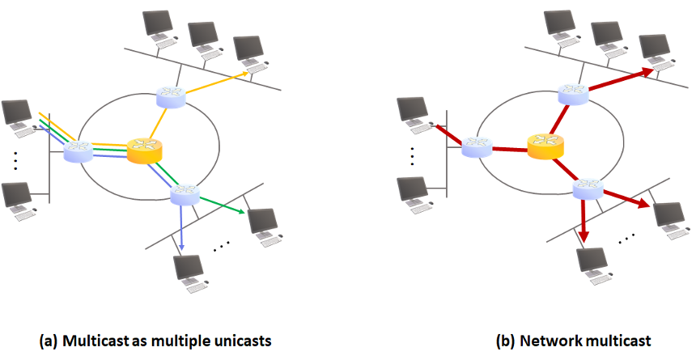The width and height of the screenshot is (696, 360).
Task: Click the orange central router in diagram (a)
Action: pos(145,150)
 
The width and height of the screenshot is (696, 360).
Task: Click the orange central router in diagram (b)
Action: pos(544,146)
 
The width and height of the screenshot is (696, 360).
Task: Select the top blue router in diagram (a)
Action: pos(171,96)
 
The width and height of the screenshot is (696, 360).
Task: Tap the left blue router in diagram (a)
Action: pos(79,149)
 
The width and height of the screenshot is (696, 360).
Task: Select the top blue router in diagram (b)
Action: pos(573,94)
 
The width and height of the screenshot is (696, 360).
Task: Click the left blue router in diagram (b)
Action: pos(477,146)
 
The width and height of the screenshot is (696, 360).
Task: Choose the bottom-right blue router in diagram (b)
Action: pos(588,189)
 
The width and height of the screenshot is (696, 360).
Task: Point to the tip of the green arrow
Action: pos(245,214)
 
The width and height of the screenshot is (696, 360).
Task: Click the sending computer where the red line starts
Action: pos(415,112)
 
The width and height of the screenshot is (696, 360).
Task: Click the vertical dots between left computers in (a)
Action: pos(16,160)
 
